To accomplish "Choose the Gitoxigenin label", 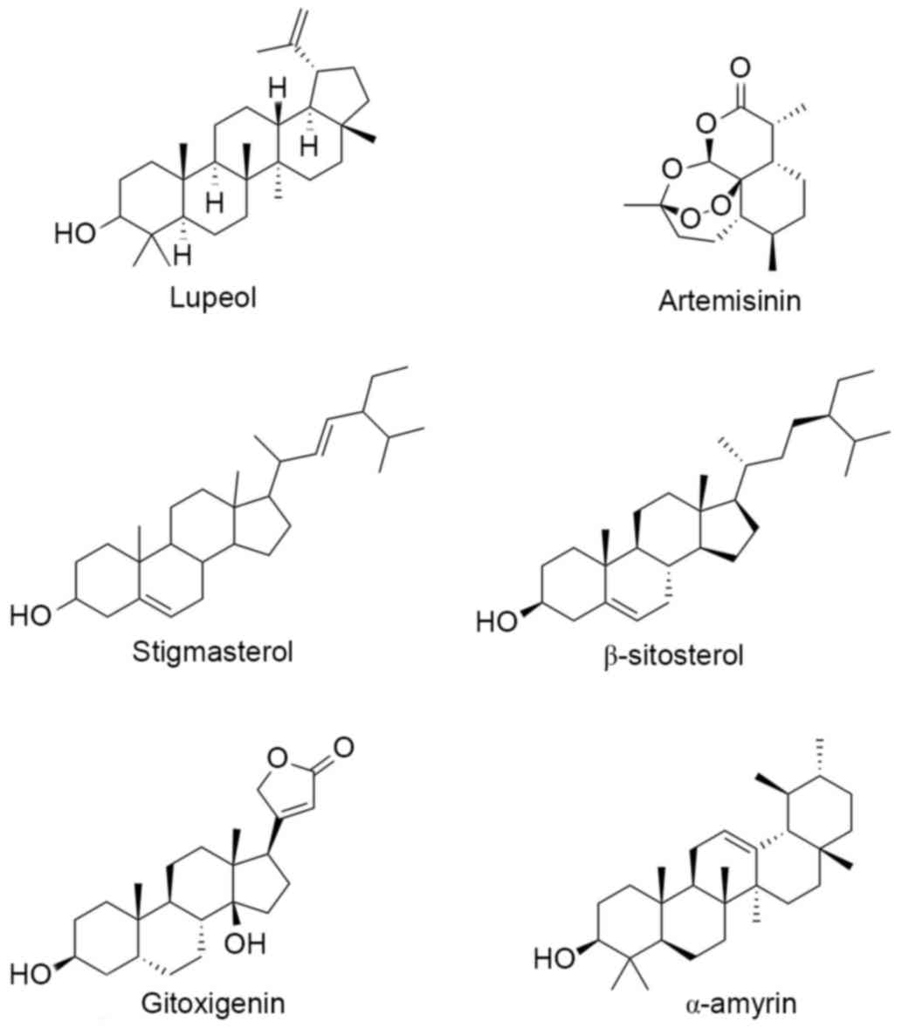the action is (x=213, y=1004).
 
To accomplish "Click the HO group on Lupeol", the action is (x=76, y=233).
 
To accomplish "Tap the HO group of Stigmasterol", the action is (x=31, y=615).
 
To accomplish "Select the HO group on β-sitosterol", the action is (x=497, y=623).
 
